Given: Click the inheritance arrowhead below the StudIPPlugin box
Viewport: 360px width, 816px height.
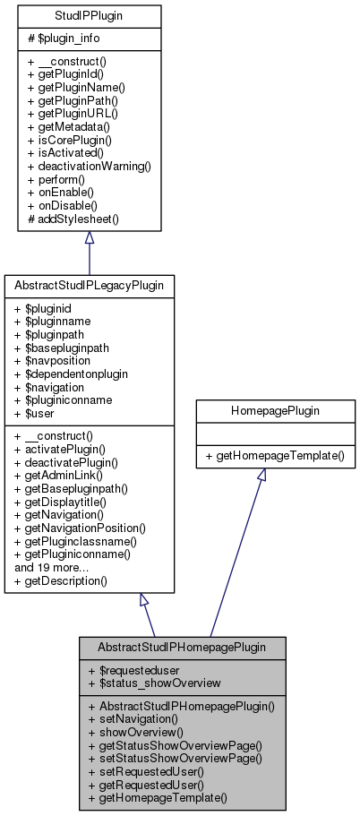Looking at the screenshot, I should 89,237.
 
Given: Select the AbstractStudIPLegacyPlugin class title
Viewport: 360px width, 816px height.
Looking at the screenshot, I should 89,285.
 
